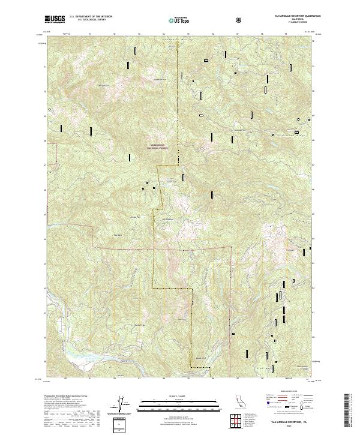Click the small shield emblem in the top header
(240, 19)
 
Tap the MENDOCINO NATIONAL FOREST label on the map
(158, 146)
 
